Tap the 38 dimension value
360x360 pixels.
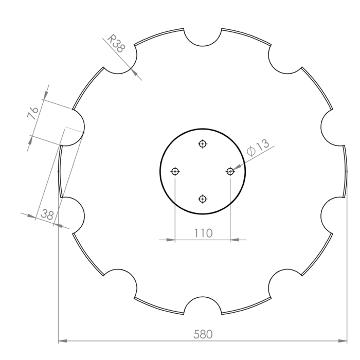coord(47,215)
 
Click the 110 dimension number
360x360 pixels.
coord(203,233)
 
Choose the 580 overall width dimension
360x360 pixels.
coord(203,334)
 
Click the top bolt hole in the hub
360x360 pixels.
coord(203,144)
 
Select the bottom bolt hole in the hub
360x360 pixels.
coord(203,199)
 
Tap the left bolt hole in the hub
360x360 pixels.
coord(175,171)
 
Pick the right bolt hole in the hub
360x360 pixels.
coord(230,171)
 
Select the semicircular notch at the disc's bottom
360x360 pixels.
coord(203,305)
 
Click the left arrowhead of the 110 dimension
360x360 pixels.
coord(171,239)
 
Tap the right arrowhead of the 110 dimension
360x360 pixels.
coord(235,239)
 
